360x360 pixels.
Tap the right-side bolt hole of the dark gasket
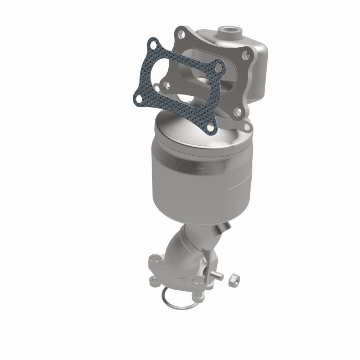tap(219, 68)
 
